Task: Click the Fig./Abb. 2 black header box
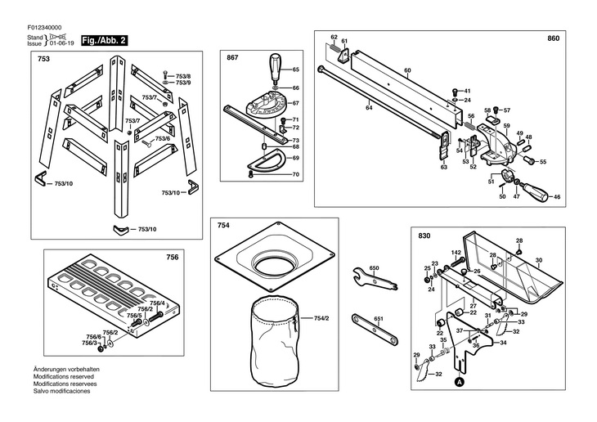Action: (x=105, y=40)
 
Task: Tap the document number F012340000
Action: (x=44, y=28)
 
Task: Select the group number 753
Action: (x=44, y=59)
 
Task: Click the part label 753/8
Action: (x=183, y=76)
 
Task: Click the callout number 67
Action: (x=296, y=103)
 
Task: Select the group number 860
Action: (x=553, y=38)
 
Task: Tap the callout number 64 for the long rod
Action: (x=369, y=108)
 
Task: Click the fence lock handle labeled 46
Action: (x=535, y=192)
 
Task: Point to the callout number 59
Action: (x=506, y=126)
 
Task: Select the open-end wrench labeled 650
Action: (x=375, y=278)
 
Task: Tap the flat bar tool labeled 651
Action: (x=375, y=330)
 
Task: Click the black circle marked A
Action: (x=460, y=381)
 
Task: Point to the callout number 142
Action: (x=456, y=253)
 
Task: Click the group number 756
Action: (x=172, y=257)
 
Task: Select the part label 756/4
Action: (x=157, y=303)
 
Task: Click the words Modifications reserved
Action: (x=63, y=376)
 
